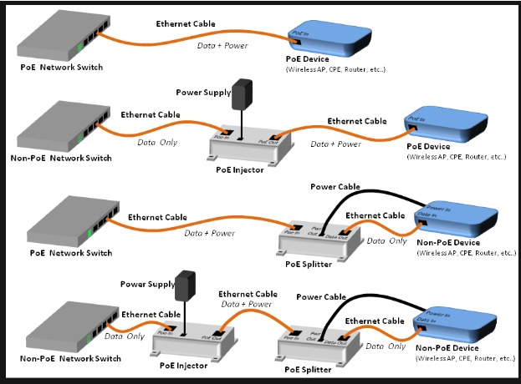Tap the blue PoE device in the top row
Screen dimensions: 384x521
coord(329,37)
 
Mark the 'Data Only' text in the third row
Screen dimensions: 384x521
coord(386,240)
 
